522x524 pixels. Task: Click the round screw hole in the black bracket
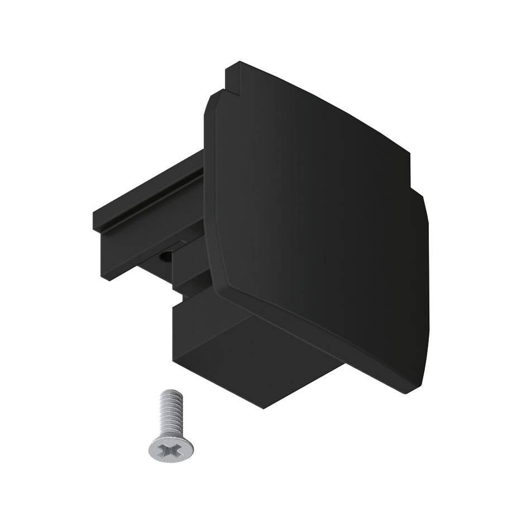pos(165,257)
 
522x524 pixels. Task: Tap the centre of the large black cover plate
pos(313,218)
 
